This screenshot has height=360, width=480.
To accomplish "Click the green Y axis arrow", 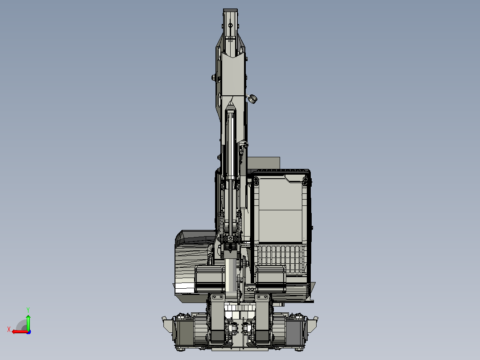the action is pyautogui.click(x=28, y=322).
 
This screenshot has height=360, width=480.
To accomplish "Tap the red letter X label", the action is pyautogui.click(x=9, y=330).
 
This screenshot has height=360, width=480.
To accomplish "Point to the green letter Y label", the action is pyautogui.click(x=28, y=310).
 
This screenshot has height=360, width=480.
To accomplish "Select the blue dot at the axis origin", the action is pyautogui.click(x=28, y=332).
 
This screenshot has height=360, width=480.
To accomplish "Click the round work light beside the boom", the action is pyautogui.click(x=252, y=99).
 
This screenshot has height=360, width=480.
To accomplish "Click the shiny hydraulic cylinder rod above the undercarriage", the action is pyautogui.click(x=231, y=275).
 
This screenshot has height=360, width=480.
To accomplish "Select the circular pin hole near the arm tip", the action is pyautogui.click(x=231, y=25).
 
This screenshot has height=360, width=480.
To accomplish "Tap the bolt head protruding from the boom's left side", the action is pyautogui.click(x=213, y=78).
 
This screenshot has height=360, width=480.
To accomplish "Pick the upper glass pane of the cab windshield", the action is pyautogui.click(x=280, y=195).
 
